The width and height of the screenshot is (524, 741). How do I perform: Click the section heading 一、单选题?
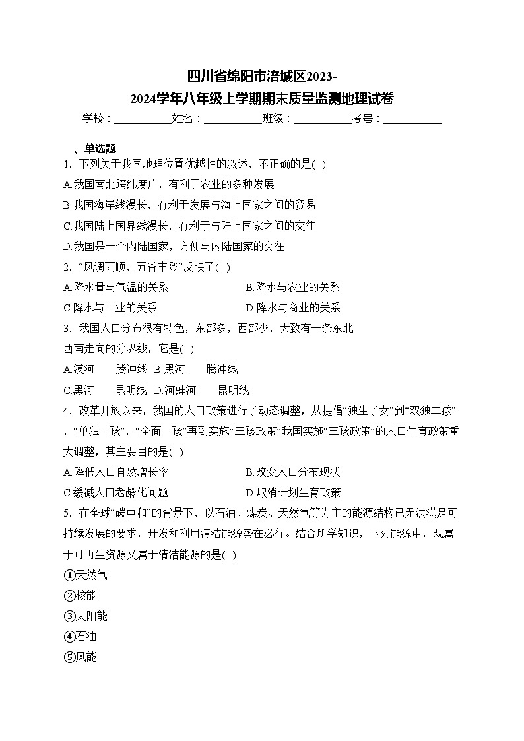[89, 148]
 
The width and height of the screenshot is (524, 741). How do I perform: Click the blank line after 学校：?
[143, 119]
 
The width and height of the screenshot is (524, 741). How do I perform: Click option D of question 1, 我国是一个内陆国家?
[174, 246]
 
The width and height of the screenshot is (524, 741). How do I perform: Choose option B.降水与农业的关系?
[293, 287]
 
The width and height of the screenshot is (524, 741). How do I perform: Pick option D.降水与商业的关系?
[293, 307]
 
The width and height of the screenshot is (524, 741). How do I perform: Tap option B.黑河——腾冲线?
[196, 370]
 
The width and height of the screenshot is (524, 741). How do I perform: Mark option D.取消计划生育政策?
[293, 492]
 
